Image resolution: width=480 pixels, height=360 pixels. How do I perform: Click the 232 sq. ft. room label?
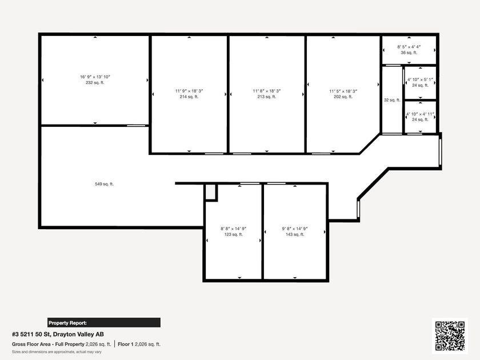coord(95,83)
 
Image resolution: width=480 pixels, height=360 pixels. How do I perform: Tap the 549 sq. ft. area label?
coord(104,184)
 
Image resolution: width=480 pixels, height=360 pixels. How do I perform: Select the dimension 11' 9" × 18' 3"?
coord(189,91)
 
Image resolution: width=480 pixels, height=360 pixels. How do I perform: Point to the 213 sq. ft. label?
coord(267,97)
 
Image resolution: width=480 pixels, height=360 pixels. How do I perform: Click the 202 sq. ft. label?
coord(343,97)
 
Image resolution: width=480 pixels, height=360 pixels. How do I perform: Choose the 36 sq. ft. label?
coord(409,53)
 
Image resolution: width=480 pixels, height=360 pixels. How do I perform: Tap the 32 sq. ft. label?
coord(391,100)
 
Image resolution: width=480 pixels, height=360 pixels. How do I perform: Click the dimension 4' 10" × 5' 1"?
coord(420,79)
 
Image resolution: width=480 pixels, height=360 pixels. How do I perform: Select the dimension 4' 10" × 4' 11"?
coord(420,114)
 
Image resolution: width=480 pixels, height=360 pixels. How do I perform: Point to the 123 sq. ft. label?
coord(233,234)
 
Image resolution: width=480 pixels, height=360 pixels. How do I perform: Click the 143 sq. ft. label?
coord(295,234)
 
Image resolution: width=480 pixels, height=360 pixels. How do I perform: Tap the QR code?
coord(450,336)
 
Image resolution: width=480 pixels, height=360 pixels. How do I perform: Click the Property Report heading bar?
coord(103,323)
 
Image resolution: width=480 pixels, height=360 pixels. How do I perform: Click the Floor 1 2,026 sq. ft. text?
coord(139,344)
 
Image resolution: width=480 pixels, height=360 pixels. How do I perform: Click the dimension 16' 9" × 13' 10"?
coord(95,77)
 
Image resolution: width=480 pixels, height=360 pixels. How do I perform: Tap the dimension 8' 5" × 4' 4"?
coord(409,47)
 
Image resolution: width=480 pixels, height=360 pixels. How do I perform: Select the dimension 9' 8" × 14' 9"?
coord(295,229)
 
